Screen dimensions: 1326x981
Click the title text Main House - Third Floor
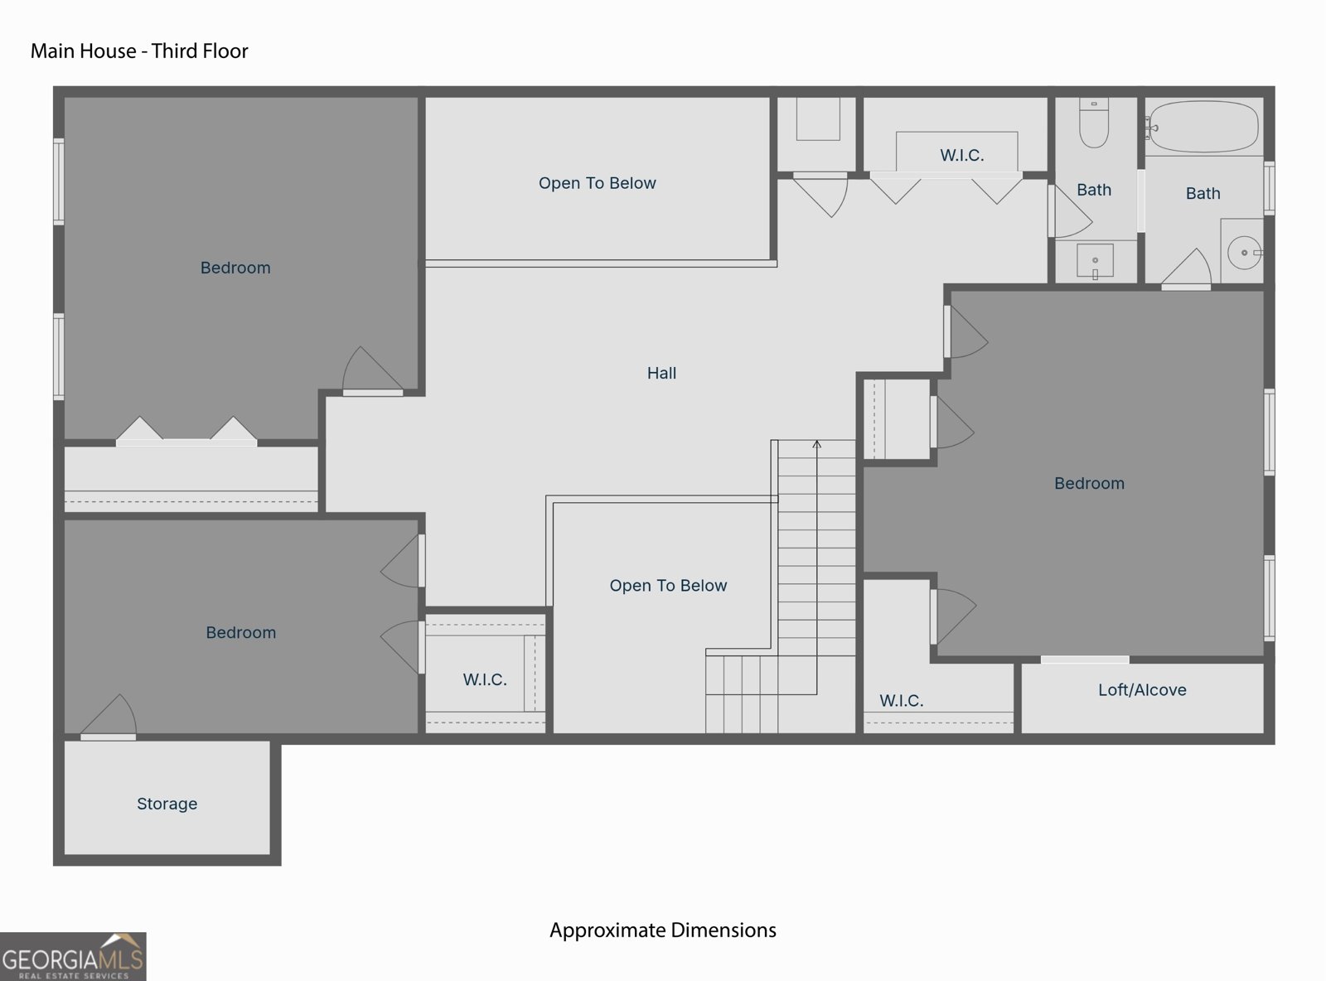click(x=139, y=51)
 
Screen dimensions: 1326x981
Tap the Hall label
click(x=661, y=373)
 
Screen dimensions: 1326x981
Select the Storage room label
click(x=167, y=804)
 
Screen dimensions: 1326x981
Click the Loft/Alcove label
click(x=1142, y=690)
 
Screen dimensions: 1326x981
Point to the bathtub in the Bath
click(x=1203, y=126)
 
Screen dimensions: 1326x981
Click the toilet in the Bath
click(x=1094, y=123)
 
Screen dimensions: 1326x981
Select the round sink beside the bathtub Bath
click(x=1244, y=252)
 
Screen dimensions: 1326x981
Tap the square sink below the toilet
click(x=1096, y=261)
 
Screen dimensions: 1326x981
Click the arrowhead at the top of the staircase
click(x=816, y=443)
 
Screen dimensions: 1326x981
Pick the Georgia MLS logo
click(x=73, y=956)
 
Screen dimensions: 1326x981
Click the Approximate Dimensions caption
click(x=662, y=930)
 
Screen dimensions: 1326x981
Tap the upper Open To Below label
click(x=598, y=183)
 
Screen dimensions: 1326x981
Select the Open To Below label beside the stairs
click(x=668, y=585)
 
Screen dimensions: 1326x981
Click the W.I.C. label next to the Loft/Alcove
click(x=901, y=701)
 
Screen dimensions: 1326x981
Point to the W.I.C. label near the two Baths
click(x=961, y=156)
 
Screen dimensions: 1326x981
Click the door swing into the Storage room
click(x=109, y=717)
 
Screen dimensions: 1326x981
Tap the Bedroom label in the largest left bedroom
click(x=235, y=268)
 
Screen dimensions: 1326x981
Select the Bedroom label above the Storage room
click(x=241, y=632)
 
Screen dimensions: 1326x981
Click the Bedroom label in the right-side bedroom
click(x=1089, y=483)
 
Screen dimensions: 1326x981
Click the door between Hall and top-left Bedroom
click(x=372, y=371)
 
